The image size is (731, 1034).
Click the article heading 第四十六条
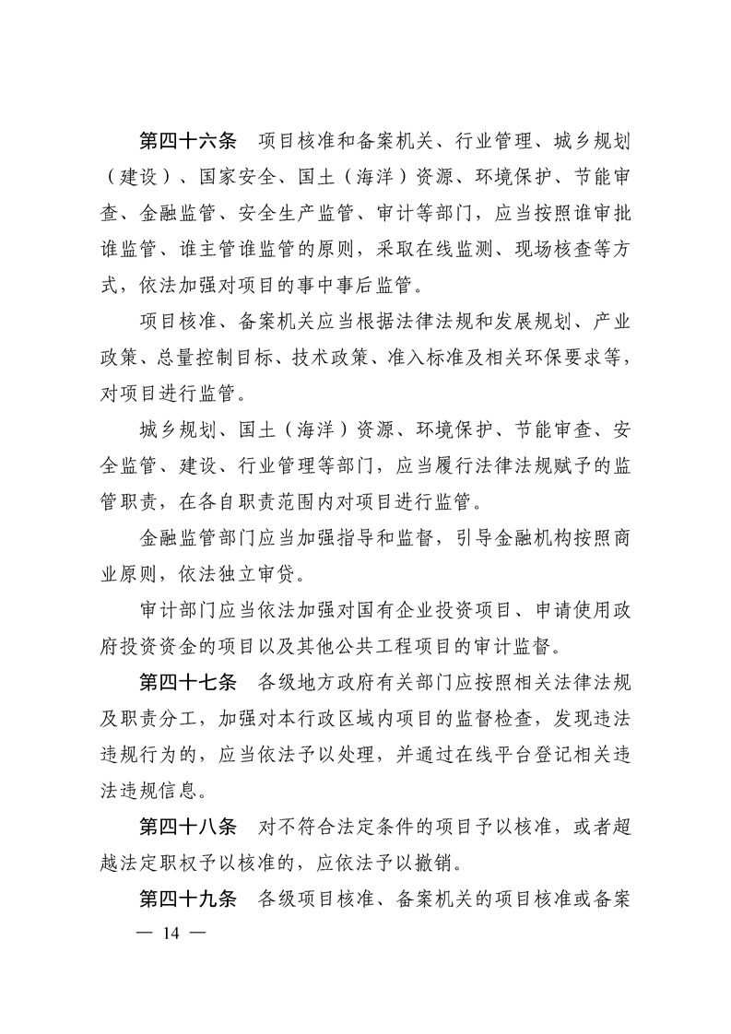click(188, 141)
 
